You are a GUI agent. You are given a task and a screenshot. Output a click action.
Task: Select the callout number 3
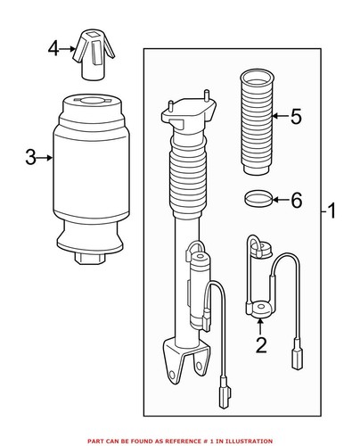pos(30,158)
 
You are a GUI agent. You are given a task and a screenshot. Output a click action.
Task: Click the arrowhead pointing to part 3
pos(54,159)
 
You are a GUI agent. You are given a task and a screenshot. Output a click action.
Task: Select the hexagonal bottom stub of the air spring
pos(90,260)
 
